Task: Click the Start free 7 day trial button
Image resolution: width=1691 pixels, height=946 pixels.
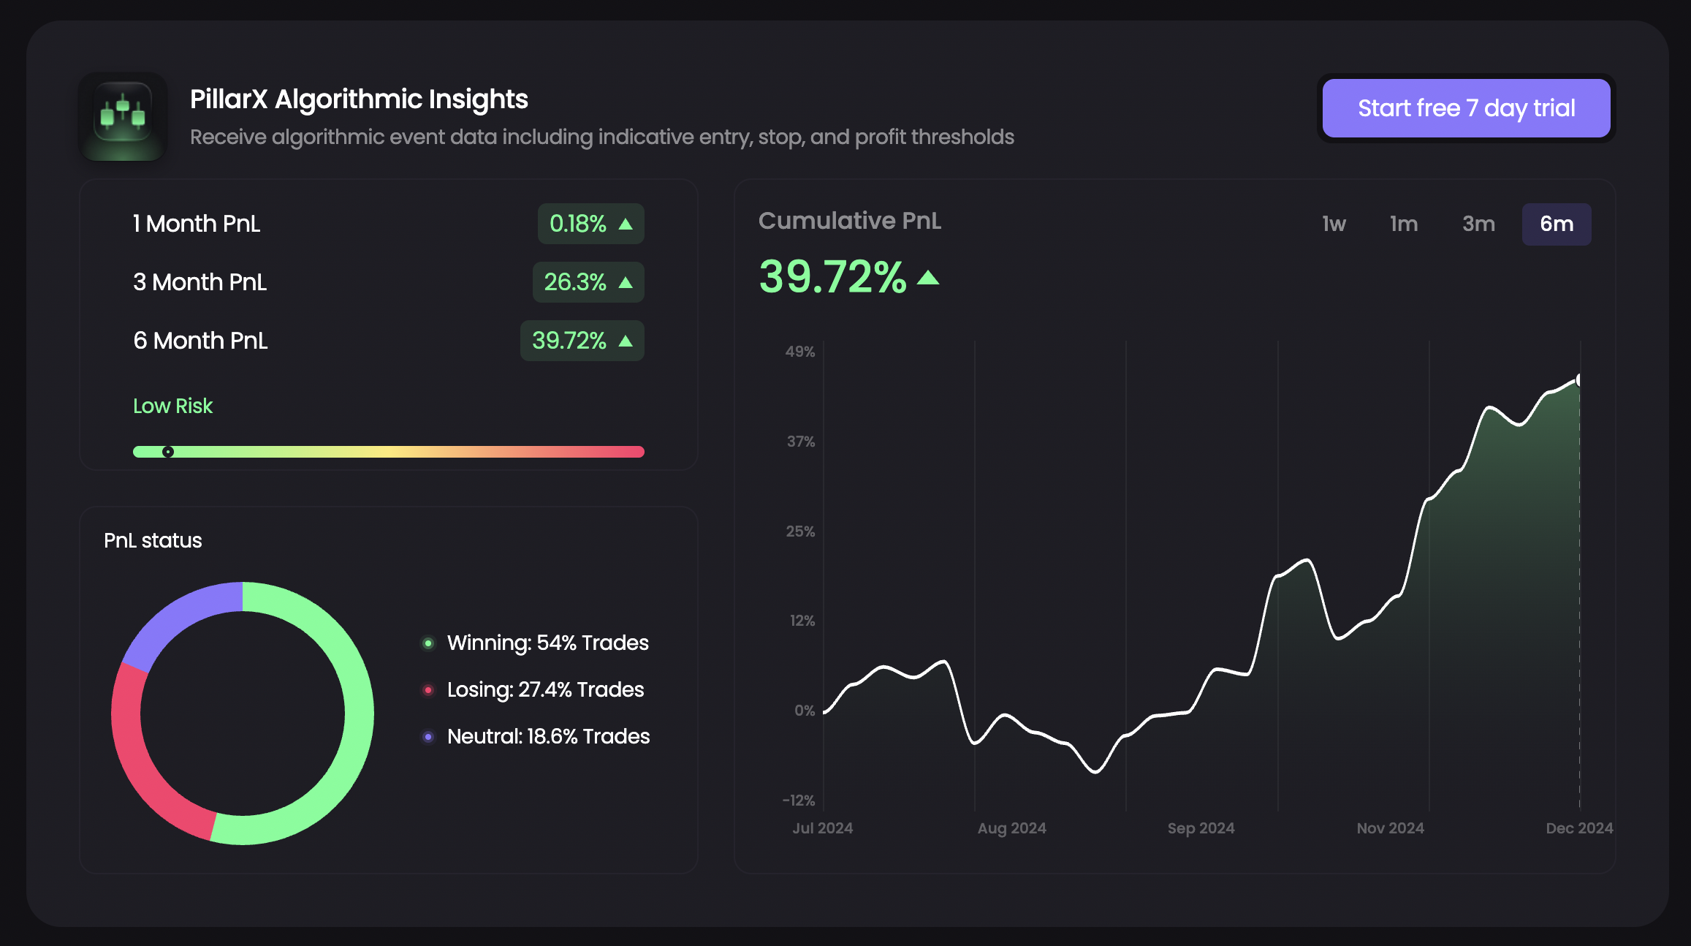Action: (x=1466, y=108)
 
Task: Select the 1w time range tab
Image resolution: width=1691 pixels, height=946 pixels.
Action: (x=1334, y=224)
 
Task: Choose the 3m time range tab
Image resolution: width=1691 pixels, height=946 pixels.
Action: (x=1478, y=224)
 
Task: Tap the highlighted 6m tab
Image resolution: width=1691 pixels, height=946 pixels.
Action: (x=1557, y=224)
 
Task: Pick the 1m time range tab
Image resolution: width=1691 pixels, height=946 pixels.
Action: (x=1404, y=224)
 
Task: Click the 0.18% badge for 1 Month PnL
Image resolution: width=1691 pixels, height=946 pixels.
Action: (x=590, y=224)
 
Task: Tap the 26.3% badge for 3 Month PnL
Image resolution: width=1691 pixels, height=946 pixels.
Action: (x=588, y=282)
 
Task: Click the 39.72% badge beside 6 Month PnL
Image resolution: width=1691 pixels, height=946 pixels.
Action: (x=582, y=341)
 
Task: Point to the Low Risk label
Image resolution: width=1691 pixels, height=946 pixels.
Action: (x=172, y=406)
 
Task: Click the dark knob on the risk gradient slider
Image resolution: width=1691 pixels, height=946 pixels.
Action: (x=168, y=452)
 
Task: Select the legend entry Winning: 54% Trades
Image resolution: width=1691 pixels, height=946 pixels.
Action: (x=547, y=643)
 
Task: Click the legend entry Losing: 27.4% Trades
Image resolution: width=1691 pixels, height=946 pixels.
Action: (x=544, y=689)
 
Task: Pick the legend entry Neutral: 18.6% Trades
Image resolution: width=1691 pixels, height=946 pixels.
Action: (x=547, y=736)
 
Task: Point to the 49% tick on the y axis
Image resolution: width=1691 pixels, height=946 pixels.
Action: (x=800, y=352)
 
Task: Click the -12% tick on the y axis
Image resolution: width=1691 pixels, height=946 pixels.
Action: (x=799, y=801)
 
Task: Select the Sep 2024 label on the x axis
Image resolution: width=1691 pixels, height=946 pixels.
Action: (x=1201, y=828)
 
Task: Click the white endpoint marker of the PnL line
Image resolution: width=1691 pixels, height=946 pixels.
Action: (x=1578, y=380)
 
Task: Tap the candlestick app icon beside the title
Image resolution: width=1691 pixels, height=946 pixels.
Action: (x=123, y=117)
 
